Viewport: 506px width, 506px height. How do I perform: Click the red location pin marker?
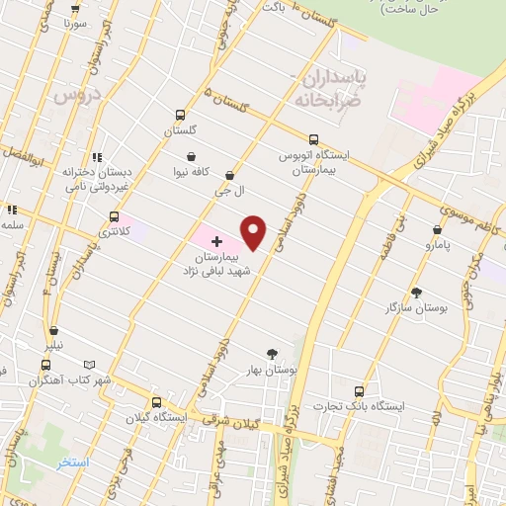tap(254, 232)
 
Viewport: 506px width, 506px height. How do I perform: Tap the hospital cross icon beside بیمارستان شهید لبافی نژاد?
tap(217, 241)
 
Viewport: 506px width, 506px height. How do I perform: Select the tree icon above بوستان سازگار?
tap(416, 293)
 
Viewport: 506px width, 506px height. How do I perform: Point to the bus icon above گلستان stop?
tap(180, 115)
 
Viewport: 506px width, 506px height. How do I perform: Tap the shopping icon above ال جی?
tap(229, 175)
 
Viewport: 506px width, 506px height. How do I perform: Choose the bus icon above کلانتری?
tap(115, 216)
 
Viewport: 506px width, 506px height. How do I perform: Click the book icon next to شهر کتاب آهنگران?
tap(90, 364)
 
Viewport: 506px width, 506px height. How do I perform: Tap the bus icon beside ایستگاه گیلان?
tap(156, 402)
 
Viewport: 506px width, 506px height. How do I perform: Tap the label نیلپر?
tap(47, 346)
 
